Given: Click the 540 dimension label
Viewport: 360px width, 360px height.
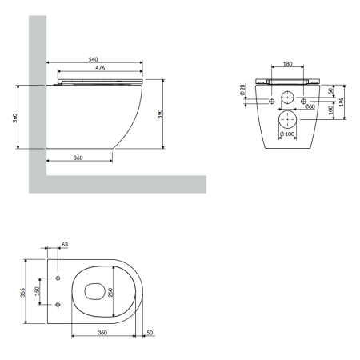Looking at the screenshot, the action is point(93,59).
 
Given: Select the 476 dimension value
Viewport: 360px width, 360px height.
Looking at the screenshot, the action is point(100,68).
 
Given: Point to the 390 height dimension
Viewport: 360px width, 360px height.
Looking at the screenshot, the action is point(160,114).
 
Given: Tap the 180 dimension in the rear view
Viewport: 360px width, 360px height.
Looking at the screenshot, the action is point(287,64).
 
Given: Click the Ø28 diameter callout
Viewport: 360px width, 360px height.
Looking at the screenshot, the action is point(242,90).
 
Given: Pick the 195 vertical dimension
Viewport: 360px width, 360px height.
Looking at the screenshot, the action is point(342,102).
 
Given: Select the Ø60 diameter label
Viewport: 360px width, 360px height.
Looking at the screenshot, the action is point(310,106).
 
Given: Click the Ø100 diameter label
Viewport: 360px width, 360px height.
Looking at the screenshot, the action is point(287,134).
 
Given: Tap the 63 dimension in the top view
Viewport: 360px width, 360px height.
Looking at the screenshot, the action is point(65,244).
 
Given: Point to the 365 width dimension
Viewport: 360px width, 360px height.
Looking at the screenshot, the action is point(23,292).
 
